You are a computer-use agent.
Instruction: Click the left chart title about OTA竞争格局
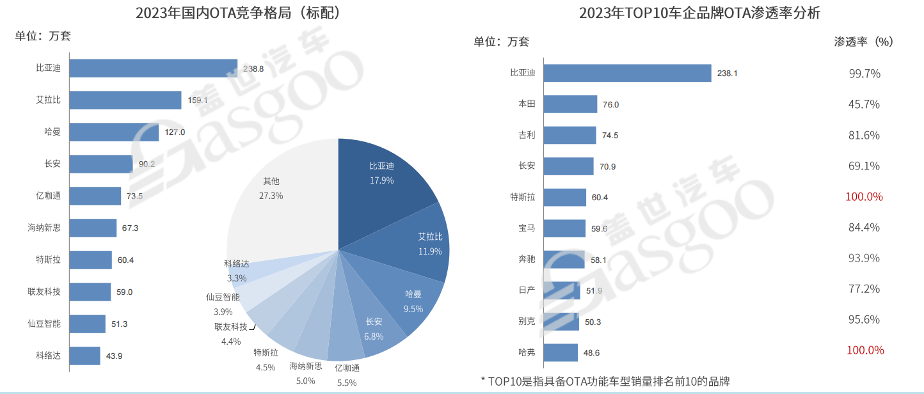[x=237, y=13]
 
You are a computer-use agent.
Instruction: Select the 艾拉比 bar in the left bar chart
[x=125, y=100]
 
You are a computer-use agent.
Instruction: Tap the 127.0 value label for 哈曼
[x=175, y=132]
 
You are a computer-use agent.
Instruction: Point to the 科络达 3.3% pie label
[x=236, y=271]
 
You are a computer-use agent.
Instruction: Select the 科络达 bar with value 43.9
[x=84, y=356]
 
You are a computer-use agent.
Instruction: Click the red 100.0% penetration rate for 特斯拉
[x=864, y=197]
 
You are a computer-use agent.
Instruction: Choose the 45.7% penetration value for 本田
[x=864, y=104]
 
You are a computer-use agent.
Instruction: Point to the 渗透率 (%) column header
[x=863, y=42]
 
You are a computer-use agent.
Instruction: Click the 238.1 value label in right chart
[x=727, y=74]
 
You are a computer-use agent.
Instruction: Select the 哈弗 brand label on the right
[x=527, y=352]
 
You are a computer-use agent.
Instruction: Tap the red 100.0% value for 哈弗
[x=865, y=351]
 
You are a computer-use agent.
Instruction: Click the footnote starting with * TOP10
[x=605, y=382]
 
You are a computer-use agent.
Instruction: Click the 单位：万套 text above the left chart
[x=43, y=36]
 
